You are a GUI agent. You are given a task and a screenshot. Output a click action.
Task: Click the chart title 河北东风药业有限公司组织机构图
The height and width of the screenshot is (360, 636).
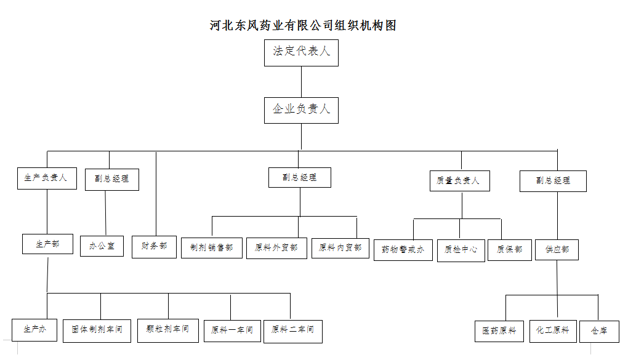tap(303, 26)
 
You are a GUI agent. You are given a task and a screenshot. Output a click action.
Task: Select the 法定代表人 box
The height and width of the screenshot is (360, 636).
tap(301, 53)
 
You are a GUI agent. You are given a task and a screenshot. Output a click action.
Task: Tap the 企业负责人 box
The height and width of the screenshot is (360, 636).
tap(301, 110)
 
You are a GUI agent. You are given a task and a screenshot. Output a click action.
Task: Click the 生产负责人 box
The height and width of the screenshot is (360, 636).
tap(47, 178)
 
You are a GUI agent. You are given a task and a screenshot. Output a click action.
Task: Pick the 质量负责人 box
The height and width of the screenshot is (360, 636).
tap(460, 181)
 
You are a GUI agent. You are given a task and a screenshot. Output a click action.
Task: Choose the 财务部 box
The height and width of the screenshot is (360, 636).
tap(154, 247)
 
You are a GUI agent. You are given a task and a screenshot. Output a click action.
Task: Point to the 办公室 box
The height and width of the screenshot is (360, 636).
tap(102, 246)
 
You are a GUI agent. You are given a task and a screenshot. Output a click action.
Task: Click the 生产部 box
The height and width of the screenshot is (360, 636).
tap(48, 244)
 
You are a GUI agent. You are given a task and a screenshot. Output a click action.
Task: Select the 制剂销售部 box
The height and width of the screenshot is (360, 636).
tap(212, 248)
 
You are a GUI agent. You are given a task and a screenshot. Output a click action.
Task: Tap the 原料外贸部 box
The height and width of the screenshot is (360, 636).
tap(276, 248)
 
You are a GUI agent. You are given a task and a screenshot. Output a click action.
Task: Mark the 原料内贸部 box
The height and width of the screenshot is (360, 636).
tap(340, 248)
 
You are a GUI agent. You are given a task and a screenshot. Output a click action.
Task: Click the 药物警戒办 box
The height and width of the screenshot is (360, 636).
tap(403, 250)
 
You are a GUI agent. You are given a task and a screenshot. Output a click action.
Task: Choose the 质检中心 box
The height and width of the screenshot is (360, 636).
tap(461, 250)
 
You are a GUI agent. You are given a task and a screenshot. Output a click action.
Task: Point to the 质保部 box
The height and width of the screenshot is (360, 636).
tap(510, 250)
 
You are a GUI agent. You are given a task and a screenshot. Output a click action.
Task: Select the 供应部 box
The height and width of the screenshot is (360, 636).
tap(557, 250)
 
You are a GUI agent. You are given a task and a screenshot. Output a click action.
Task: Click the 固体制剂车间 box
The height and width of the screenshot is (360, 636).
tap(97, 331)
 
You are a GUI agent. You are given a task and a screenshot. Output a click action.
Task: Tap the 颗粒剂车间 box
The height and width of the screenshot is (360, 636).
tap(168, 330)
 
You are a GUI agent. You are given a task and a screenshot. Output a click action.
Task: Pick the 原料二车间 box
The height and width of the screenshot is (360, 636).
tap(293, 332)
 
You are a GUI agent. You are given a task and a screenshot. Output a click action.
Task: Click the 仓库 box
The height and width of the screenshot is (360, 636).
tap(599, 332)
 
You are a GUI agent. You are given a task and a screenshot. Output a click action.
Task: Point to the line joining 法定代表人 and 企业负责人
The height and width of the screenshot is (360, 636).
tap(301, 82)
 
